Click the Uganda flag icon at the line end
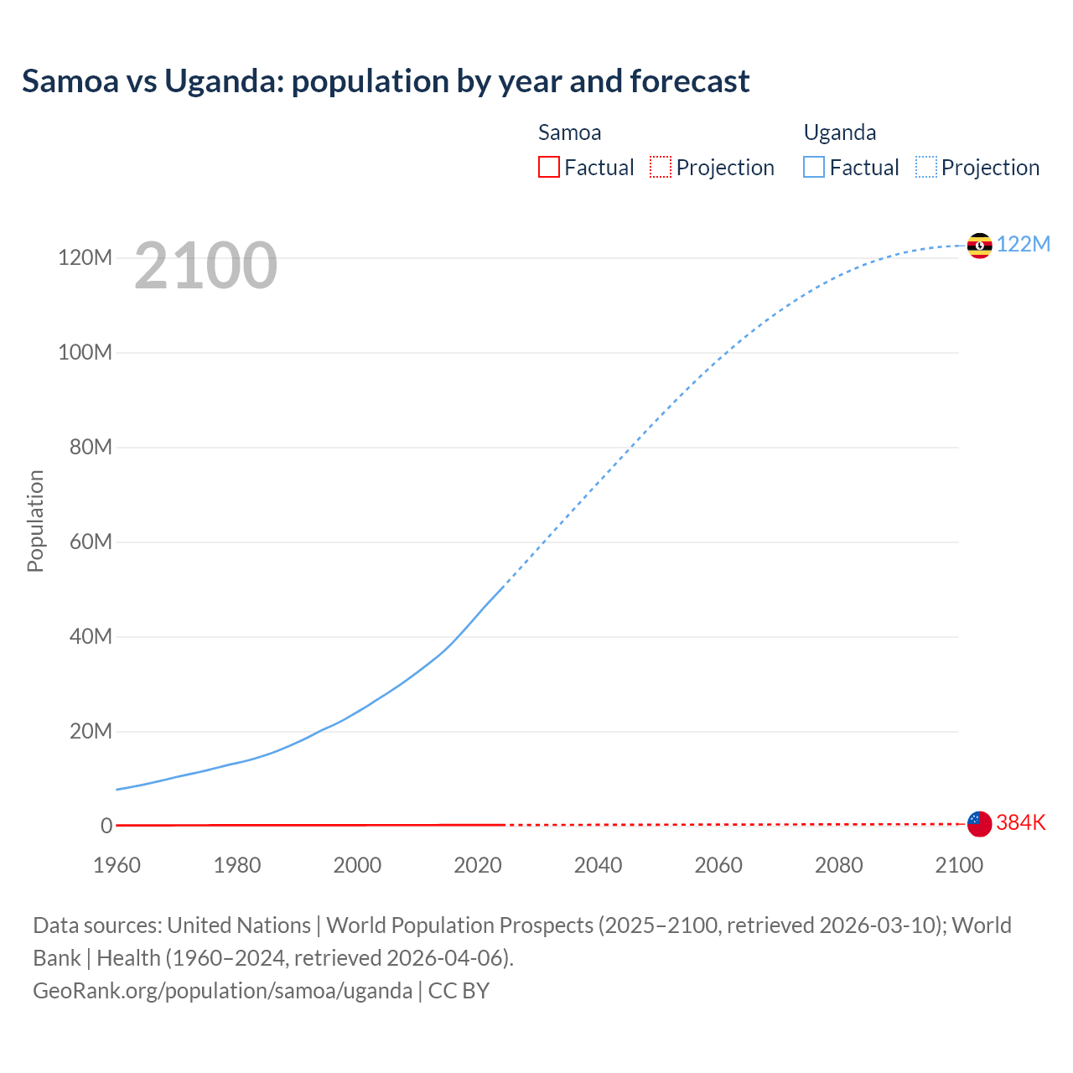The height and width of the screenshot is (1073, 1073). click(x=979, y=246)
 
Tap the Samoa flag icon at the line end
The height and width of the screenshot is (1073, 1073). click(x=979, y=824)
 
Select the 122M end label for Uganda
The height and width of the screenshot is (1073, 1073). click(x=1024, y=244)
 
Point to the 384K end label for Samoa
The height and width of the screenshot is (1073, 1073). click(x=1021, y=822)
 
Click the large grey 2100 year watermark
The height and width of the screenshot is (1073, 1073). click(x=205, y=266)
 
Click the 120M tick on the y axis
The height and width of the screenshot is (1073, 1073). click(x=85, y=257)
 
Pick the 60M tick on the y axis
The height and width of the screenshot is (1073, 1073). click(x=91, y=542)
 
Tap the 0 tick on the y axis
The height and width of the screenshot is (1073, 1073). click(x=106, y=826)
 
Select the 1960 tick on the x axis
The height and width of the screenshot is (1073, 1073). click(x=117, y=865)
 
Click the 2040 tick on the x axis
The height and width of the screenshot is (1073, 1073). click(x=598, y=865)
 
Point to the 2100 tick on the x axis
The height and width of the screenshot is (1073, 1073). click(x=959, y=865)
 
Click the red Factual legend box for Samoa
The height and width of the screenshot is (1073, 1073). click(x=548, y=167)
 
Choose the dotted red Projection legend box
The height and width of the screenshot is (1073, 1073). click(x=661, y=167)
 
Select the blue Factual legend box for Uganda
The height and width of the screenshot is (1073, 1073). click(x=814, y=167)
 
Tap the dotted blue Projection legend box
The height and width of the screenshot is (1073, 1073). click(x=925, y=167)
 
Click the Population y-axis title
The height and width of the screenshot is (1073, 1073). click(x=35, y=521)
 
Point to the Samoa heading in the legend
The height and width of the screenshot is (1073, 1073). click(x=569, y=132)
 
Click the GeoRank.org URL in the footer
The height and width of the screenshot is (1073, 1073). click(x=222, y=991)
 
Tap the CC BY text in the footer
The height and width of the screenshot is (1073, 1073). click(x=459, y=991)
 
